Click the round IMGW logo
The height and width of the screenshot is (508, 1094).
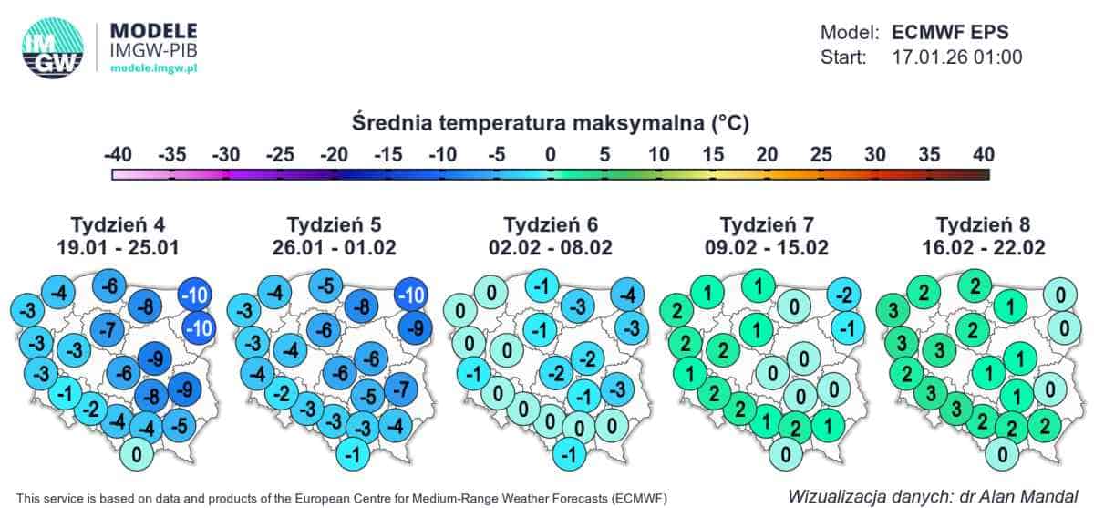52,47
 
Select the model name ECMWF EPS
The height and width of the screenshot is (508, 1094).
950,33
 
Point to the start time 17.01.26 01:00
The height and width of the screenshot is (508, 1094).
956,57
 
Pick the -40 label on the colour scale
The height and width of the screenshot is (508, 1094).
118,154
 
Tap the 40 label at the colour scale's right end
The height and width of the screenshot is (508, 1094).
982,154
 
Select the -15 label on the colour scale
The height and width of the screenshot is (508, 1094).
388,154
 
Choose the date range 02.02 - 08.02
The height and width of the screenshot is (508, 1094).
550,247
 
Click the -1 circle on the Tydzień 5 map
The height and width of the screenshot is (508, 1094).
352,453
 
